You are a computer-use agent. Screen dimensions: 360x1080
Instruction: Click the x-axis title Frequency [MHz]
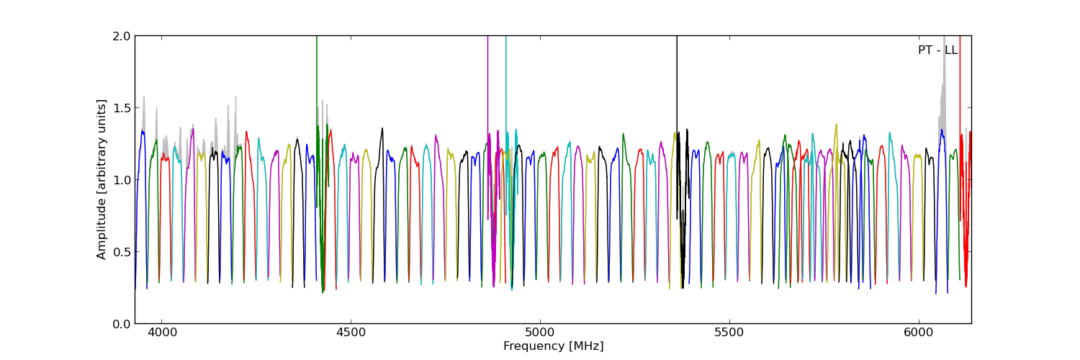553,346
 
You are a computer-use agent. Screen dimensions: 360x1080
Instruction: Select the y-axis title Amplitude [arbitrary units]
102,179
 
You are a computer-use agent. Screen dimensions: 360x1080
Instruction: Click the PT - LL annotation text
937,50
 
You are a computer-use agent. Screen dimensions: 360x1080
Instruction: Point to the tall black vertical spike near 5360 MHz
677,86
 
